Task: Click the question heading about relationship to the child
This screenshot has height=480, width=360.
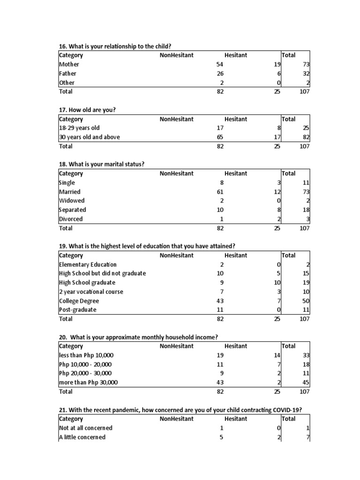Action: point(115,46)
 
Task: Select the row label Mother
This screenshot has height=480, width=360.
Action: point(69,64)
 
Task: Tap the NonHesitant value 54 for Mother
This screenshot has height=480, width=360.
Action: point(220,64)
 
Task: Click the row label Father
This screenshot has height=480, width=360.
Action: point(67,74)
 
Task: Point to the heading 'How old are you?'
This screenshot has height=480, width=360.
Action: point(87,110)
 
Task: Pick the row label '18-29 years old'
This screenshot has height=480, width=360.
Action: point(79,128)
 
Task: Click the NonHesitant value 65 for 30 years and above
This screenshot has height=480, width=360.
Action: point(220,137)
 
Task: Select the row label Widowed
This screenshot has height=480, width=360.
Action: point(72,201)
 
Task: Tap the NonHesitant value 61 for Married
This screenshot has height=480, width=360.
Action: point(220,192)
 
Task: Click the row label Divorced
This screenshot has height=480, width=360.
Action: point(71,219)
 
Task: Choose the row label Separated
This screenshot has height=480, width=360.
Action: point(73,210)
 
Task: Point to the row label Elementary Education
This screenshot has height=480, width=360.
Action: point(88,264)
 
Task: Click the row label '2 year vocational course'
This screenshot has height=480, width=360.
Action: point(91,292)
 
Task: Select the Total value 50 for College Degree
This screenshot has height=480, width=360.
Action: point(306,301)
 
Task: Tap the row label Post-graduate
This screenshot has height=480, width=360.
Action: point(77,310)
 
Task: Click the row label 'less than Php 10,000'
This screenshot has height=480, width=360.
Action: point(86,355)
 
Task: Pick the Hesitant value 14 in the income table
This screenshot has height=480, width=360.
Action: point(277,355)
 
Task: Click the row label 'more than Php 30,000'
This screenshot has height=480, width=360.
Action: point(88,382)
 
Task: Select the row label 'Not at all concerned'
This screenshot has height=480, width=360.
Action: point(86,428)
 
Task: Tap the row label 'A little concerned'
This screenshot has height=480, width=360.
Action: point(82,437)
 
